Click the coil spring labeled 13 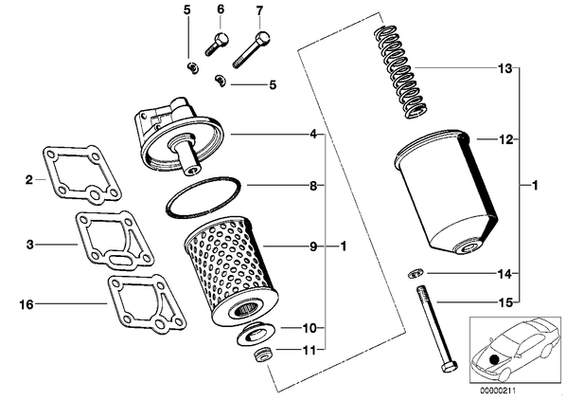point(399,72)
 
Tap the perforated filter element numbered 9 point(231,272)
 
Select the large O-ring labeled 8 point(203,197)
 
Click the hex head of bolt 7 point(262,38)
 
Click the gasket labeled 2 point(81,173)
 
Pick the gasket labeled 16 point(147,304)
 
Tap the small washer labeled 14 point(414,274)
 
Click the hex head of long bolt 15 point(449,368)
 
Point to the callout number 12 point(505,139)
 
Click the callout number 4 point(313,135)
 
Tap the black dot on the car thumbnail point(493,359)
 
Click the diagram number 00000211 point(498,391)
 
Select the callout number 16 point(26,304)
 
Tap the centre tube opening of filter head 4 point(190,170)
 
